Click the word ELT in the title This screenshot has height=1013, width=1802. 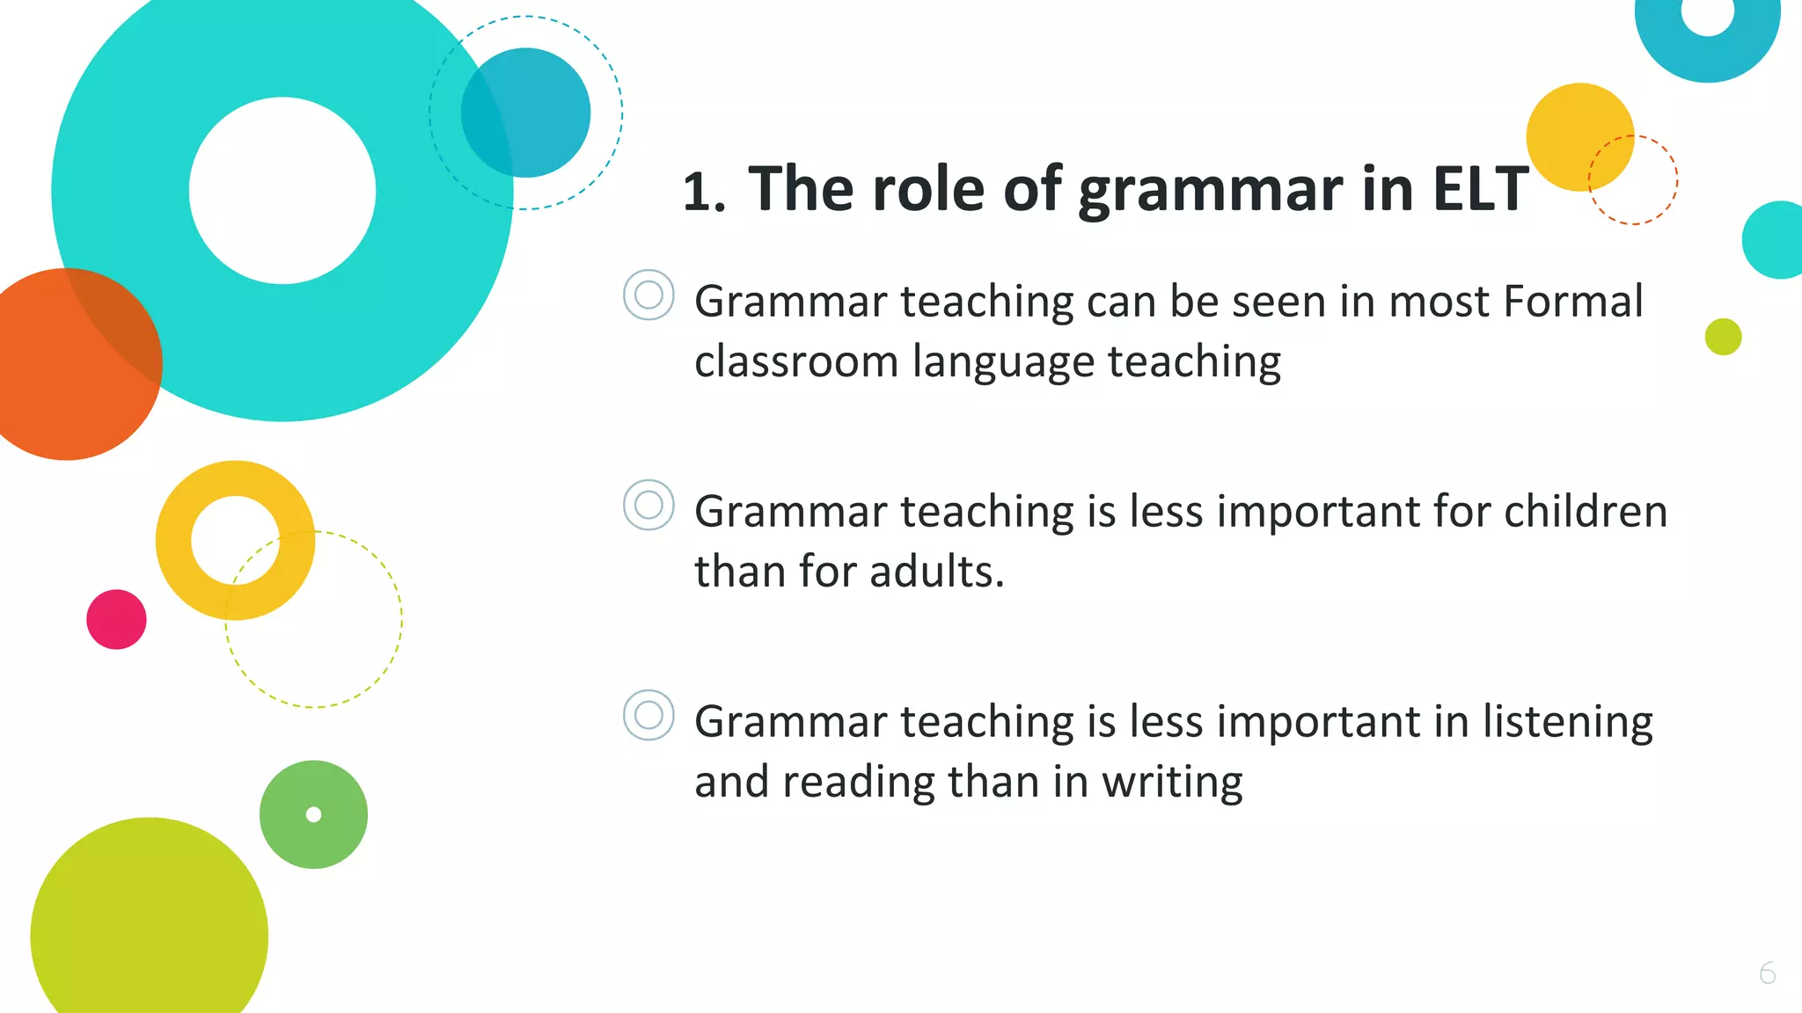click(x=1480, y=189)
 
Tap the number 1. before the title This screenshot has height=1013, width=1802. click(x=704, y=192)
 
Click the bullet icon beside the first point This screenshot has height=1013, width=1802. click(x=648, y=295)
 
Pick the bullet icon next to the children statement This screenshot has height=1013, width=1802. click(x=648, y=505)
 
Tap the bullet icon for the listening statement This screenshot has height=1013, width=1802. click(x=648, y=715)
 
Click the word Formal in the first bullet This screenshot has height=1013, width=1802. click(x=1572, y=302)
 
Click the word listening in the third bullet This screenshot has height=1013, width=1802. click(x=1567, y=722)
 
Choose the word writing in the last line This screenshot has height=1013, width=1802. click(x=1172, y=782)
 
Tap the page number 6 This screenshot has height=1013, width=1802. click(x=1767, y=973)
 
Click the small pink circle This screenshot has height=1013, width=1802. click(x=116, y=619)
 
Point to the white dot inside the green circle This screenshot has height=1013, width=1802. click(x=313, y=814)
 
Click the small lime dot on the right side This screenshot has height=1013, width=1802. click(x=1723, y=337)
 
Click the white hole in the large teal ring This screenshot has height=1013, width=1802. click(x=282, y=191)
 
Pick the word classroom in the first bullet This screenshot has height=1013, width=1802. click(x=795, y=362)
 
